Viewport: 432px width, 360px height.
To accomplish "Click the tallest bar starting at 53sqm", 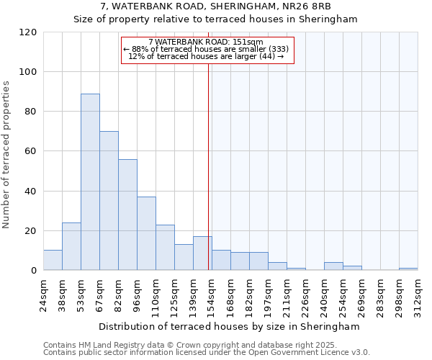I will pyautogui.click(x=90, y=181).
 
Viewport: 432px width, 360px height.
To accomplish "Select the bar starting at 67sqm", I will pyautogui.click(x=109, y=200).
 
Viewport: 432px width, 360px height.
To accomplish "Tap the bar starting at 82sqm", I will pyautogui.click(x=127, y=215).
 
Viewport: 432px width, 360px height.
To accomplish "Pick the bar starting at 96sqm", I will pyautogui.click(x=146, y=233).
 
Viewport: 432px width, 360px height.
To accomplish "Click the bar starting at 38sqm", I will pyautogui.click(x=71, y=246).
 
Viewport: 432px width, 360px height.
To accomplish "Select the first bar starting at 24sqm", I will pyautogui.click(x=53, y=260).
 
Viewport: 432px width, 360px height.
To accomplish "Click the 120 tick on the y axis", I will pyautogui.click(x=28, y=32).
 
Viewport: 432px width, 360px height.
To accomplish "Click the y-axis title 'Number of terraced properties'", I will pyautogui.click(x=6, y=154).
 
